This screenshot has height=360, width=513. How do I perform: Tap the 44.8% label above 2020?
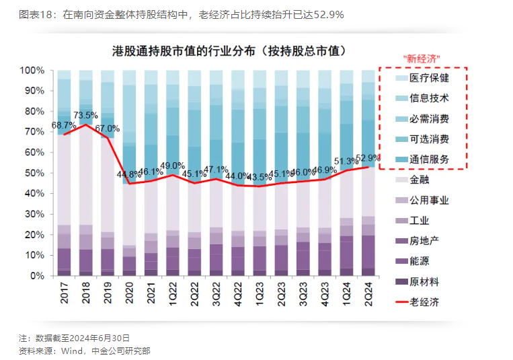130,174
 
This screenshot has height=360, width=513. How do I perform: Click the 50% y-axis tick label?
35,173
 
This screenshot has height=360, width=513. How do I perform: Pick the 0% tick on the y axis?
38,276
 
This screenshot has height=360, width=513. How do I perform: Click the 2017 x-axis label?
65,295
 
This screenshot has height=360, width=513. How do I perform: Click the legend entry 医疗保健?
429,77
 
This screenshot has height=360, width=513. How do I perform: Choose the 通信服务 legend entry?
429,159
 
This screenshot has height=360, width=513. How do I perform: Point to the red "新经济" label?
421,58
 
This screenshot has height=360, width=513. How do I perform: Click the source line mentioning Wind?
85,350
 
